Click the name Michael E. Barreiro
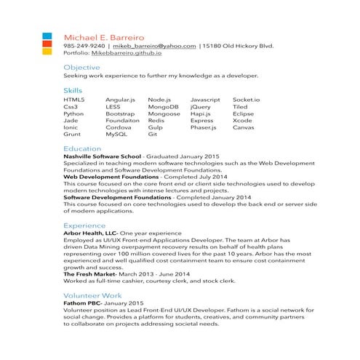(104, 36)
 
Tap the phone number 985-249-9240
(84, 46)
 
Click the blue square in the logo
(47, 35)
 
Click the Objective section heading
(81, 68)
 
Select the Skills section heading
(73, 90)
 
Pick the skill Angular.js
(120, 99)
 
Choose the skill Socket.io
(246, 99)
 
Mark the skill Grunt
(72, 135)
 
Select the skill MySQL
(116, 135)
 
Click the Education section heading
(82, 148)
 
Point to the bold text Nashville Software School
(102, 157)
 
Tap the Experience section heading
(84, 225)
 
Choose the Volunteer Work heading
(92, 295)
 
